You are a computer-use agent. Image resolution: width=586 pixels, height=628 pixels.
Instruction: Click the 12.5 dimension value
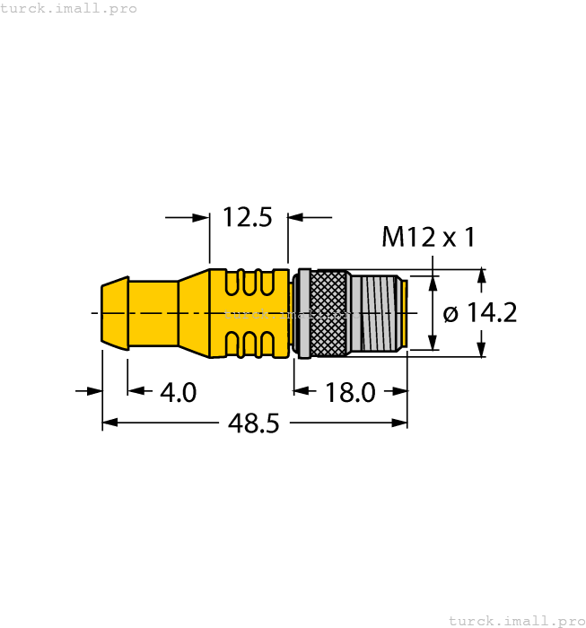pos(247,217)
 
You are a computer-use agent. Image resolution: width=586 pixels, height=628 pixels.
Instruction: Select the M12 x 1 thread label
pos(428,238)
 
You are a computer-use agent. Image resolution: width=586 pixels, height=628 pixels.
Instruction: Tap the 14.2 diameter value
pos(491,313)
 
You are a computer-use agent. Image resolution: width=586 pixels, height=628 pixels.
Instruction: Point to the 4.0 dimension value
pos(178,392)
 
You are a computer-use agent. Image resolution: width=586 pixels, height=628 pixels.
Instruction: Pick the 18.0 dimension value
pos(350,392)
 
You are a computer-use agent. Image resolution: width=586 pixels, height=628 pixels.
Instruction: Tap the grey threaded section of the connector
pos(375,313)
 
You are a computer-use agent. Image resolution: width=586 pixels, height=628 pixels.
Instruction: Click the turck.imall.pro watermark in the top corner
pos(69,8)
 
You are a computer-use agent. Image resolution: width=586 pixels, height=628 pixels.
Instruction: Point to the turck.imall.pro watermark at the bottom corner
pos(516,620)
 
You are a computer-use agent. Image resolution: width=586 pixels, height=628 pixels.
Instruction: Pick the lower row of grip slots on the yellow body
pos(249,343)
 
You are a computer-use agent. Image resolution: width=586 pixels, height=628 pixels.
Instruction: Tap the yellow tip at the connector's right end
pos(404,313)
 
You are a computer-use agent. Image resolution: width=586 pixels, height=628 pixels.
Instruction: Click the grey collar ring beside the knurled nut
pos(304,313)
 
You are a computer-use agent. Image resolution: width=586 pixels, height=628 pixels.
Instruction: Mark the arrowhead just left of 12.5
pos(201,217)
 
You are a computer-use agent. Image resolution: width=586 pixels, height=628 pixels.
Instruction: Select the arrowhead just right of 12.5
pos(295,217)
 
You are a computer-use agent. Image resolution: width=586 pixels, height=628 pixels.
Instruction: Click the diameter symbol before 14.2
pos(451,314)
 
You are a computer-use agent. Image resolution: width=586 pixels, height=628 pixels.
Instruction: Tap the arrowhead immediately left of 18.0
pos(302,391)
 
